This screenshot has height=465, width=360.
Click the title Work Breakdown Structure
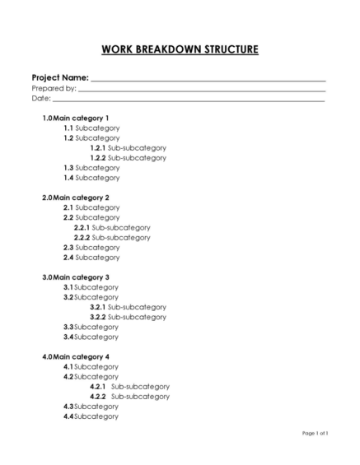[x=180, y=49]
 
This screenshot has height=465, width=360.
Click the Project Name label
[x=60, y=77]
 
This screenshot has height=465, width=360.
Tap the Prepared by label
[x=54, y=88]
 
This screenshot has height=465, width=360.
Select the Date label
[x=41, y=99]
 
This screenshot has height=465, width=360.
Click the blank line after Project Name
[x=208, y=79]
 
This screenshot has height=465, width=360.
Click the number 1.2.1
[x=98, y=148]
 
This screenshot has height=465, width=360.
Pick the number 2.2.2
[x=82, y=238]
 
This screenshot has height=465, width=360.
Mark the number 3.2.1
[x=98, y=307]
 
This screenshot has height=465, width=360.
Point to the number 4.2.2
[x=98, y=397]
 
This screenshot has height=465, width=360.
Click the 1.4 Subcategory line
[x=91, y=178]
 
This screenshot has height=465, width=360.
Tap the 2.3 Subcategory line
[x=91, y=248]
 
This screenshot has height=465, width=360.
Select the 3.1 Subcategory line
[x=91, y=287]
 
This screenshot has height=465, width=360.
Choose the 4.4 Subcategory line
[x=91, y=416]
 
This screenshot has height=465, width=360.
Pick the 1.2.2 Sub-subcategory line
[x=128, y=158]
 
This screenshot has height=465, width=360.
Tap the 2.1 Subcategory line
[x=91, y=208]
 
